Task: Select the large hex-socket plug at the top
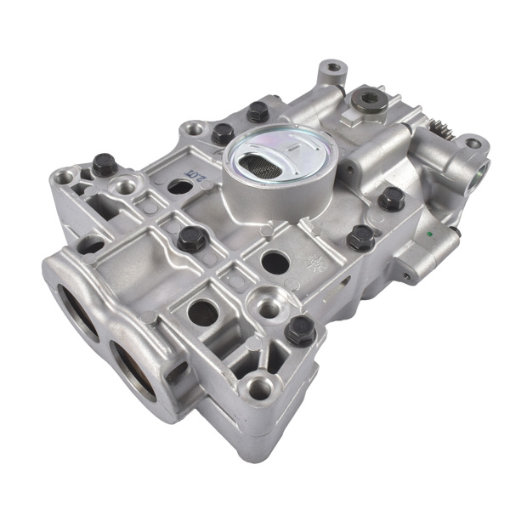tap(367, 99)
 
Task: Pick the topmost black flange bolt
tap(258, 112)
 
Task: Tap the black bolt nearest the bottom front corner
tap(300, 330)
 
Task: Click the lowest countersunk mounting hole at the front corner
tap(258, 390)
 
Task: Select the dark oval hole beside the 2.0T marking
tap(180, 185)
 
